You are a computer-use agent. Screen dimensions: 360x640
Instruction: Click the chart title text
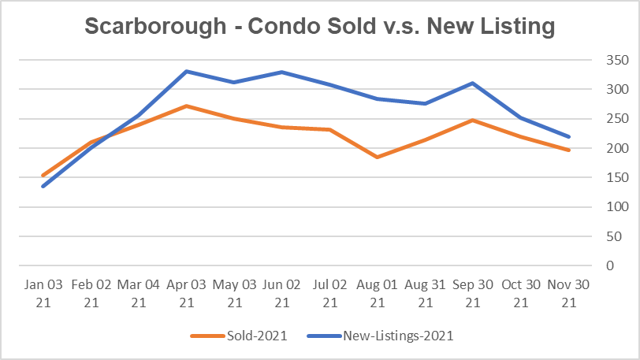click(319, 27)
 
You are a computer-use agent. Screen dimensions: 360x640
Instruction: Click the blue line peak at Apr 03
click(186, 71)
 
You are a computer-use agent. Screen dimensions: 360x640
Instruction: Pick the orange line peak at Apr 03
click(186, 106)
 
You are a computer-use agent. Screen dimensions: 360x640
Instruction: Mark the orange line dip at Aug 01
click(378, 157)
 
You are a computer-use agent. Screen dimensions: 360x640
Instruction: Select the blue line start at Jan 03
click(43, 187)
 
